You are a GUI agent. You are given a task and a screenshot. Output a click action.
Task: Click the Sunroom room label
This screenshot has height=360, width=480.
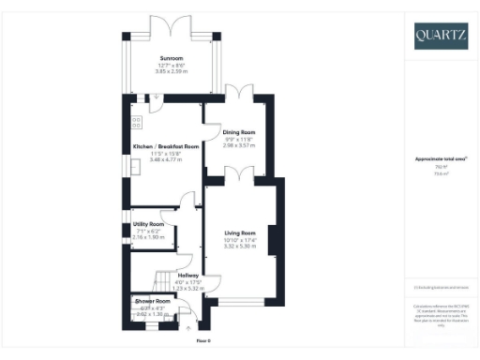[171, 57]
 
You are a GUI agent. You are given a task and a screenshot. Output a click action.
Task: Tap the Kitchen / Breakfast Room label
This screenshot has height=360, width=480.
[166, 147]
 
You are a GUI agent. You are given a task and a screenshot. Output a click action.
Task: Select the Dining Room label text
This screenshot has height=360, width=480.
[239, 132]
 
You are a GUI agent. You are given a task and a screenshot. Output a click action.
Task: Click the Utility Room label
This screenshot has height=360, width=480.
[149, 225]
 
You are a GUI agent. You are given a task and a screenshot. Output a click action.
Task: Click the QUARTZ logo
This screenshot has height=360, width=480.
[441, 37]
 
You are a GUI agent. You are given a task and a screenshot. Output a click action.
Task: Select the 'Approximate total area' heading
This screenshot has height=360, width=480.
[440, 159]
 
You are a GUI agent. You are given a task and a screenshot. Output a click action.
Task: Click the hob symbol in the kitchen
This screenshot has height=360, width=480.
[137, 121]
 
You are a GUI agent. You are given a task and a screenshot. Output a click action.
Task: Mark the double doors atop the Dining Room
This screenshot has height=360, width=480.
[239, 91]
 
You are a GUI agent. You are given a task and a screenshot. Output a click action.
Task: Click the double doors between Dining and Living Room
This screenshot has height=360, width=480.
[239, 173]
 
